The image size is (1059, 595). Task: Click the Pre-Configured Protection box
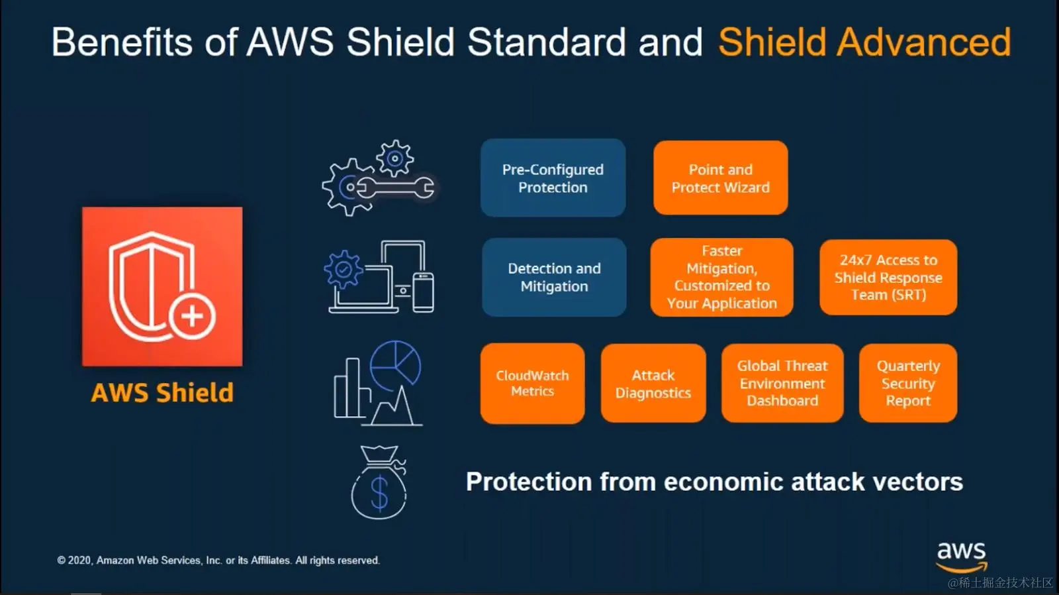(553, 178)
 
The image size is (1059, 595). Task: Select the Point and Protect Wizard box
(720, 178)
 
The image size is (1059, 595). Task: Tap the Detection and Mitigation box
(554, 277)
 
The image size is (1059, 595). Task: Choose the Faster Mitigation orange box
(721, 277)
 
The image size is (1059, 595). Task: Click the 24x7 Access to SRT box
(888, 277)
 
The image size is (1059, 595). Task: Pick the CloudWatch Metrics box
(532, 383)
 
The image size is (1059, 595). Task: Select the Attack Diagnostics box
(653, 383)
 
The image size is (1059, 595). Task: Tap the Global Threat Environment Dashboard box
(782, 383)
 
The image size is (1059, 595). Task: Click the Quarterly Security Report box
(908, 383)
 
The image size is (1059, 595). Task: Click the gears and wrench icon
(379, 179)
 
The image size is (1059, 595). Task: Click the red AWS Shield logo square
(162, 286)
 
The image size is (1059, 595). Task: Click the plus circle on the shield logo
(192, 315)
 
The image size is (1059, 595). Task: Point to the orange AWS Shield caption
(162, 393)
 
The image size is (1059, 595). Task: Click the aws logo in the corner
(961, 555)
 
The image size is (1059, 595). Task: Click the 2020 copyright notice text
(218, 561)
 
